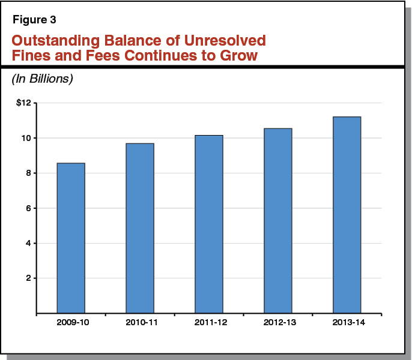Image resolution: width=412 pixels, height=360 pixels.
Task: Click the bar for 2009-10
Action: click(71, 238)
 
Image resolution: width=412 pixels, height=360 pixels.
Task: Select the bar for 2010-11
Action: click(140, 228)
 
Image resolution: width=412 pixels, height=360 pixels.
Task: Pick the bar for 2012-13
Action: click(277, 221)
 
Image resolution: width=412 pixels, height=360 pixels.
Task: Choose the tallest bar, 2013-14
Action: click(347, 215)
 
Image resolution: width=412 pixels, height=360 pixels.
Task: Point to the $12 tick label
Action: click(23, 103)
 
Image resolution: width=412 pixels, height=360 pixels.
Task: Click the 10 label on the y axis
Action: click(25, 138)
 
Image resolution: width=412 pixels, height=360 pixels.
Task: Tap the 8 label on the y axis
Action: click(28, 173)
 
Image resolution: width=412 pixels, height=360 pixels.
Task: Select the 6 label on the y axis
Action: click(28, 208)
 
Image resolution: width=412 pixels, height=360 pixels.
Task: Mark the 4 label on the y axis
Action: click(28, 244)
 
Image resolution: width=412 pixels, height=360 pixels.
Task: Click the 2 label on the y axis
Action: click(28, 278)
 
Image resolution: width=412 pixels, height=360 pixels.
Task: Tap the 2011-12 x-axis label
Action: click(209, 322)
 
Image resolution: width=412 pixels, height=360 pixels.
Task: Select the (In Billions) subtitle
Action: click(42, 79)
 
